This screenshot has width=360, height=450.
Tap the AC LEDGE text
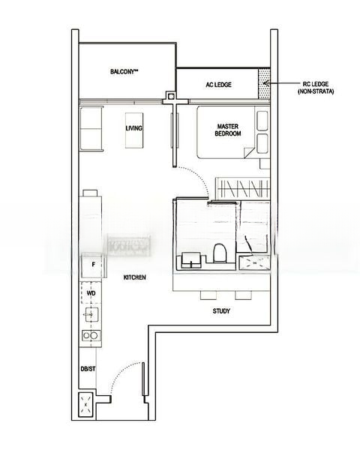218,85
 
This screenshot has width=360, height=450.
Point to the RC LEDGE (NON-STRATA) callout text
314,87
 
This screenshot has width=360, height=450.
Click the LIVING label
134,128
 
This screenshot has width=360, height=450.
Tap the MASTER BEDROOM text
227,130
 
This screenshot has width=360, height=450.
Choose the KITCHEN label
134,278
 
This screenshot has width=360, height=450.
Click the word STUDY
220,310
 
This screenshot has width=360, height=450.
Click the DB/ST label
88,369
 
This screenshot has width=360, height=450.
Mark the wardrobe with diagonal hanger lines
241,187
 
